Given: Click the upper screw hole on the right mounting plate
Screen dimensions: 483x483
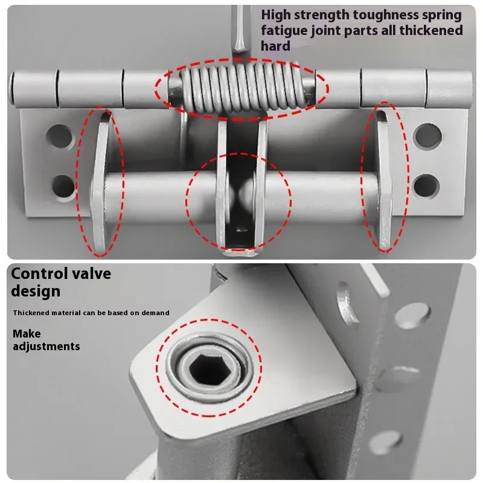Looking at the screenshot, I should click(427, 135).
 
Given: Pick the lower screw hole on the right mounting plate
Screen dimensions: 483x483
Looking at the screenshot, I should click(426, 183).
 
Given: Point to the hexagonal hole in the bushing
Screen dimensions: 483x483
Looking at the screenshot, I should click(210, 366).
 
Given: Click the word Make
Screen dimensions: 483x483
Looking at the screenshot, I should click(27, 333).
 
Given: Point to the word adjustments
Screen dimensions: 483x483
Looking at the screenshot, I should click(46, 346).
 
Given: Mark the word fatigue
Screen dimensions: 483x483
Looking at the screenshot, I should click(284, 30).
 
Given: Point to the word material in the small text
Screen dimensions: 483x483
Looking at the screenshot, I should click(64, 312).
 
